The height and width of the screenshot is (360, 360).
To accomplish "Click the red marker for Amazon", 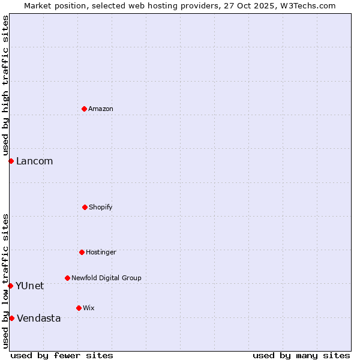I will (84, 109).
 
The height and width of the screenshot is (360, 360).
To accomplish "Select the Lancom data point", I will (11, 161).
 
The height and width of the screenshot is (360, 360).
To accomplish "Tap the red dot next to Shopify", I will (85, 207).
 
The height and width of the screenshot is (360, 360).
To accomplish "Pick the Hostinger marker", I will (82, 252).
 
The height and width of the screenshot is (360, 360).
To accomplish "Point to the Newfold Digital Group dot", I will (67, 278).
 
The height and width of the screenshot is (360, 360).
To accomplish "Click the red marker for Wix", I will (79, 308).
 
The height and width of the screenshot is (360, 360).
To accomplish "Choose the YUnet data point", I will (10, 286).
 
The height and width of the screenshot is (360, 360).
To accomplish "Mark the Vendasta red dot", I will (11, 318).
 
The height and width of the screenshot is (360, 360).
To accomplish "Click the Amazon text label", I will (101, 109).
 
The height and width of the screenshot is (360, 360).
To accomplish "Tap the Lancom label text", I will (34, 161).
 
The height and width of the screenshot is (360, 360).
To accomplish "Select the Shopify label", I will (101, 207).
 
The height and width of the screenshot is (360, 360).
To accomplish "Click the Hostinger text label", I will (101, 252).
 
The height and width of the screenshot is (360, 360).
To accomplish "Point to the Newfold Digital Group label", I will (106, 278).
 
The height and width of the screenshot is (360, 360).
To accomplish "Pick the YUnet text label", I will (29, 286).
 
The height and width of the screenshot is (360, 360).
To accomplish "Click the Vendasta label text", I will (38, 318).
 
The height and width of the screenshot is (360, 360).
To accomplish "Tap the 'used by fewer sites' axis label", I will (62, 355).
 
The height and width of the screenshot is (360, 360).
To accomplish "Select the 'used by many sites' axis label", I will (301, 355).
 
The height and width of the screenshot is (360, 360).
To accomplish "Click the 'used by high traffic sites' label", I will (5, 85).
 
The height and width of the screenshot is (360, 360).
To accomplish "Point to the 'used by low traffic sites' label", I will (5, 280).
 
